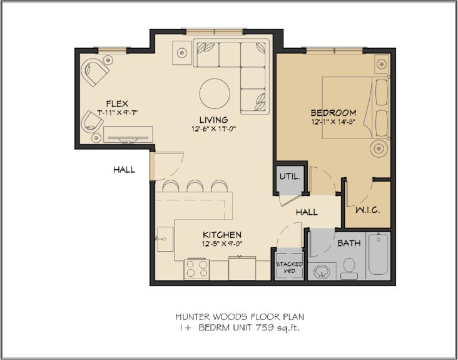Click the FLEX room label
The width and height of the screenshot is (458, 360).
[x=118, y=103]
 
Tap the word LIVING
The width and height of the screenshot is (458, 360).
[x=213, y=120]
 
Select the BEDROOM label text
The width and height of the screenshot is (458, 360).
[x=333, y=113]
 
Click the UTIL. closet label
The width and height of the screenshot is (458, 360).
[x=290, y=177]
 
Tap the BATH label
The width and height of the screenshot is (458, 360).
[x=349, y=244]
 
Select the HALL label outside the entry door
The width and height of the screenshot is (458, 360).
[x=125, y=170]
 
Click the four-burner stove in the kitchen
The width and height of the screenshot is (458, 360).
[x=197, y=270]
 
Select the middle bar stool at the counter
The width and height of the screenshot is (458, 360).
[x=194, y=187]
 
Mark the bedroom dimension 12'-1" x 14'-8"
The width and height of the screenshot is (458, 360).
[x=333, y=123]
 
